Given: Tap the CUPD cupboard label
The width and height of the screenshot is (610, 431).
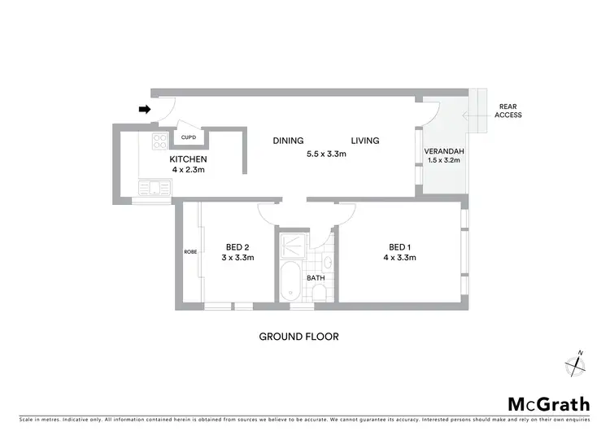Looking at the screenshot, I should click(188, 137).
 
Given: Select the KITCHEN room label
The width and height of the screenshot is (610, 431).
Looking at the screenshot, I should click(188, 159).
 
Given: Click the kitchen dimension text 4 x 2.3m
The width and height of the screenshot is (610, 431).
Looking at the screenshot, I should click(188, 170).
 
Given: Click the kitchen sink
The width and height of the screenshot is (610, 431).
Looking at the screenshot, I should click(155, 189).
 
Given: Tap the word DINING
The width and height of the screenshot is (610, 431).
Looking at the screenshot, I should click(288, 141).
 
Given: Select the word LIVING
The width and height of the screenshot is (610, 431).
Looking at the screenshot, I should click(365, 141).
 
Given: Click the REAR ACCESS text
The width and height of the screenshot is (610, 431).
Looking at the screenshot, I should click(509, 111).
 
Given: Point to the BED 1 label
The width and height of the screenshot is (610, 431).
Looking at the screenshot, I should click(399, 247).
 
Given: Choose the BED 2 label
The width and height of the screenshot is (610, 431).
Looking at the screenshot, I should click(237, 247).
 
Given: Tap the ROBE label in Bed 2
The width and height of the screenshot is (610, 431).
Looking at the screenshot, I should click(190, 252).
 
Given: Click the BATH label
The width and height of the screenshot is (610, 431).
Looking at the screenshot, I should click(316, 278).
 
